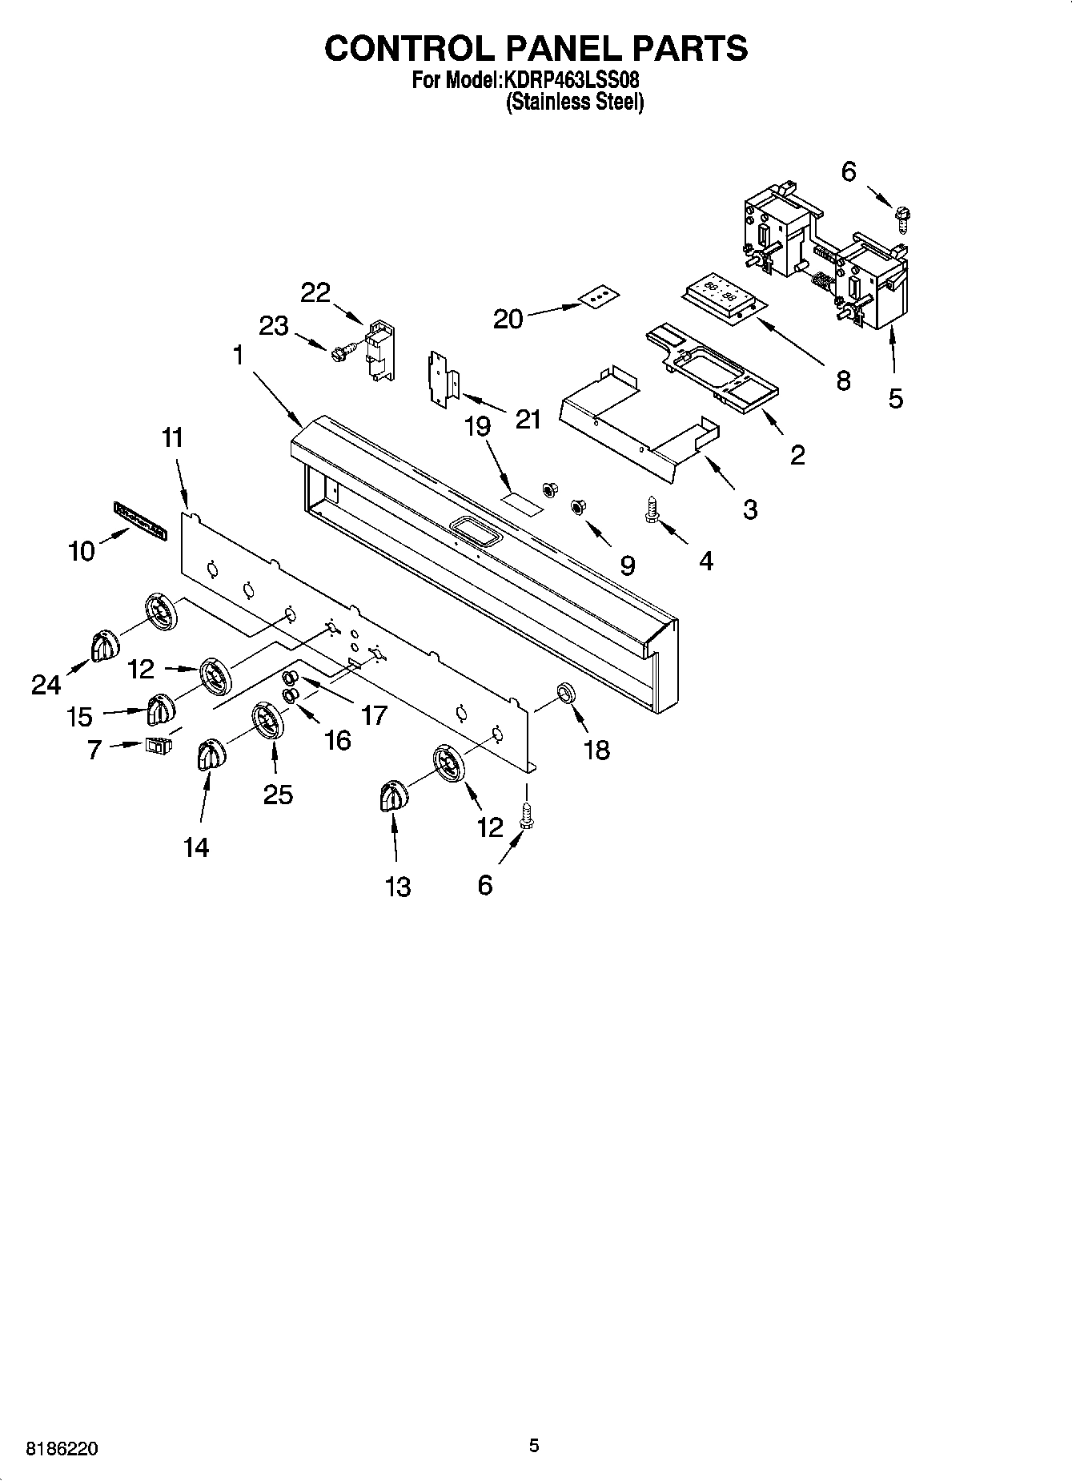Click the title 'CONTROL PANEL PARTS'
(x=536, y=48)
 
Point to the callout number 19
(x=477, y=426)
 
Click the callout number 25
(x=278, y=794)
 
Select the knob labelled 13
(x=392, y=798)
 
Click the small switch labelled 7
(x=158, y=746)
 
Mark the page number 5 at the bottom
(x=534, y=1446)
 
